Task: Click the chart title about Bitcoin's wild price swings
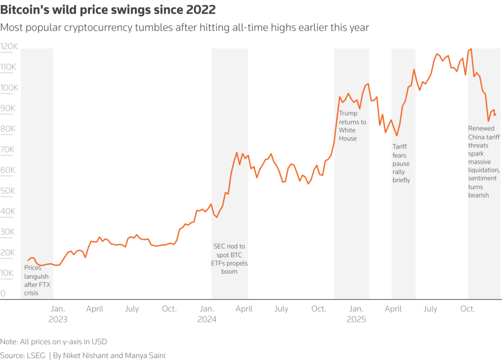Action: pos(108,10)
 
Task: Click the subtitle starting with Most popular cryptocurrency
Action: pos(184,27)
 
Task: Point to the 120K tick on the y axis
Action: pos(9,47)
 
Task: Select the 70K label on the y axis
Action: pos(9,150)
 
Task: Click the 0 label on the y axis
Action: pos(3,294)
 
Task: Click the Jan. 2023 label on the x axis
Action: pos(58,314)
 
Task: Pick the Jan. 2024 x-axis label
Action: pos(207,314)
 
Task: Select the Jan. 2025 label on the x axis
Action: pos(356,314)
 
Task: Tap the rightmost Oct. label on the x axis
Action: pos(468,309)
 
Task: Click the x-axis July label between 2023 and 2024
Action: pos(132,309)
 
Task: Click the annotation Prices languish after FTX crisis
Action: pos(37,281)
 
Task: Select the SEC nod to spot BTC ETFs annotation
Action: pos(229,259)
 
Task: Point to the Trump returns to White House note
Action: pos(352,126)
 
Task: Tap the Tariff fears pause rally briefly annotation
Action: pos(401,163)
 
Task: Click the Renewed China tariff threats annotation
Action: pos(484,162)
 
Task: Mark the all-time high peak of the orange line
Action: pos(471,49)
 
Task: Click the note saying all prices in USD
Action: pos(53,341)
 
